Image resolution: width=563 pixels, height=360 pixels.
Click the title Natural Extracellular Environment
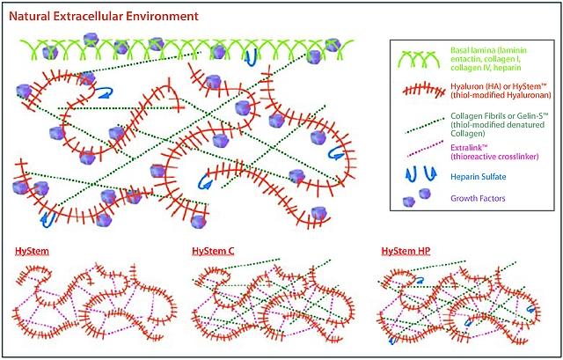coord(104,17)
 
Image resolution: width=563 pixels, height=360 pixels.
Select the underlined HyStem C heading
coord(213,251)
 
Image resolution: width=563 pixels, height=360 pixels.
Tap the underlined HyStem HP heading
coord(406,251)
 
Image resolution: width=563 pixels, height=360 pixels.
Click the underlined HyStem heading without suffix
coord(32,251)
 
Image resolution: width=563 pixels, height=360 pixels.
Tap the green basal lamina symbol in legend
coord(417,59)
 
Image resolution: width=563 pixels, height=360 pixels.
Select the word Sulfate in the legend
coord(495,176)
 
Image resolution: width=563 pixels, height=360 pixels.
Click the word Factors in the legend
coord(494,198)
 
